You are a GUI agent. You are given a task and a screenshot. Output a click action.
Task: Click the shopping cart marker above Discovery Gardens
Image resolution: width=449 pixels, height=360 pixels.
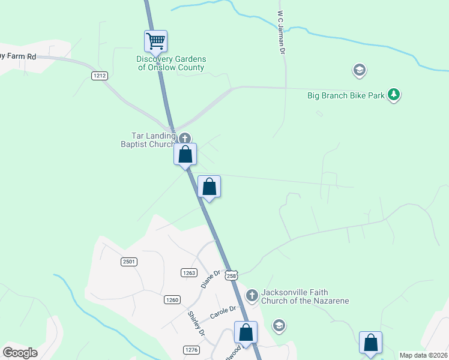(155, 41)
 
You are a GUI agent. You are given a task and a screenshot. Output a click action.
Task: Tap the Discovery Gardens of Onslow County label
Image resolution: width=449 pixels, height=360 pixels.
(171, 63)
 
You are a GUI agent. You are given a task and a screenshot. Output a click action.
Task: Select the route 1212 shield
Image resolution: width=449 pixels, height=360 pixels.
(100, 76)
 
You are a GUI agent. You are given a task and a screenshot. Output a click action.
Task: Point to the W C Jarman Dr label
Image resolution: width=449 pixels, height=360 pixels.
(280, 32)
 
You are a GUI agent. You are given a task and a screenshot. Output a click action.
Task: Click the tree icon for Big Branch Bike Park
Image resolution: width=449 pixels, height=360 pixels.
(394, 94)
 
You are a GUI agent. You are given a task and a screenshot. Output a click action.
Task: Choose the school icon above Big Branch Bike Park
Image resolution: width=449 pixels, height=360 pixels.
(359, 71)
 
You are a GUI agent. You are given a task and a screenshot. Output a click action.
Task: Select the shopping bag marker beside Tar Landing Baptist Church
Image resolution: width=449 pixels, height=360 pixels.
(186, 155)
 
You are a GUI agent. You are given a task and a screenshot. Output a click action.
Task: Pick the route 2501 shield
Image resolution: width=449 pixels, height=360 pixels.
(129, 262)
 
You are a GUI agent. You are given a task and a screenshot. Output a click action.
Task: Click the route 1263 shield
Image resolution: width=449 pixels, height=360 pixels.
(188, 272)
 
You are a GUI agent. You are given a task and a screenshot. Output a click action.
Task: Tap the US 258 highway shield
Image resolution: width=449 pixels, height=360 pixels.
(232, 275)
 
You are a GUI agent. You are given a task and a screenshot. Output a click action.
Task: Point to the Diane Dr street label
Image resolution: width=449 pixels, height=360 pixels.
(208, 278)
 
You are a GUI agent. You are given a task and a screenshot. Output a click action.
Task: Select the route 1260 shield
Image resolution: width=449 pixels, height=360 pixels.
(173, 300)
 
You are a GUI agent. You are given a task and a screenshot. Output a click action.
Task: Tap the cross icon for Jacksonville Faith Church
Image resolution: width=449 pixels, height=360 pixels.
(252, 295)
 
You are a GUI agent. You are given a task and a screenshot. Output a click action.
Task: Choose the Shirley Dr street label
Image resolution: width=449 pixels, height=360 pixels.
(197, 323)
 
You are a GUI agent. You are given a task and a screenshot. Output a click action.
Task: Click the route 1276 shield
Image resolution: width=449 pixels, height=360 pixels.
(191, 350)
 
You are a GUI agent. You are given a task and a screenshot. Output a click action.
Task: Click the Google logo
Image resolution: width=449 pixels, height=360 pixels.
(20, 353)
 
